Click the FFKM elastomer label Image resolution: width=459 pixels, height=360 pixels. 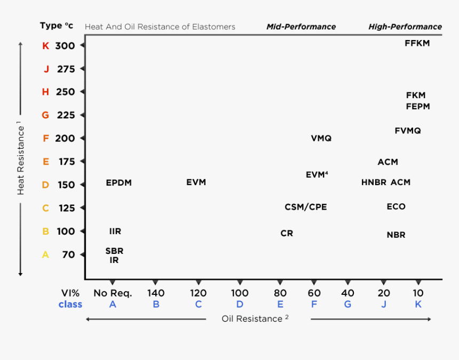417,43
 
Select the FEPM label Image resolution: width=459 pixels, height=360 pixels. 417,107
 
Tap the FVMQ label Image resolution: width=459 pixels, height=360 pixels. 408,131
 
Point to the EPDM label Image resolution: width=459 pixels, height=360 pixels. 118,183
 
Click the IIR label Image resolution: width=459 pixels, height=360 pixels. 115,231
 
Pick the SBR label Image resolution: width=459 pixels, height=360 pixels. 114,251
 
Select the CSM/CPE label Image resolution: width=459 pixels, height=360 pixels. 305,207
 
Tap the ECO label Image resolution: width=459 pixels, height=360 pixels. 396,206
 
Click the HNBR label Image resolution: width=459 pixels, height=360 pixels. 374,182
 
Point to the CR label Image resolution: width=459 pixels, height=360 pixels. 287,234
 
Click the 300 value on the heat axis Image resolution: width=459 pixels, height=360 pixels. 65,46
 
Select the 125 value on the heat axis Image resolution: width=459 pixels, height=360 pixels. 67,208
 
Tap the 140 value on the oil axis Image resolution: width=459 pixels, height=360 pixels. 156,293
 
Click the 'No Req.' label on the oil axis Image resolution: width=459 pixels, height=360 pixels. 113,293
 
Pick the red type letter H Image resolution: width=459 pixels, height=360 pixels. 45,92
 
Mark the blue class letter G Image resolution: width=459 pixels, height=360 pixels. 347,305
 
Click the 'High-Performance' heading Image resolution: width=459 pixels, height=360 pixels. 405,27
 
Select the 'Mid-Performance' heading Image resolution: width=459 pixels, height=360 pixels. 301,27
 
